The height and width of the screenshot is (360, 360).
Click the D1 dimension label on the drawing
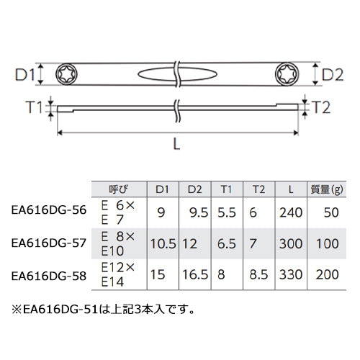(x=25, y=75)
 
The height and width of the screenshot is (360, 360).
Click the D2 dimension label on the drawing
(x=333, y=75)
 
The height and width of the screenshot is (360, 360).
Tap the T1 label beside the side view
(x=34, y=107)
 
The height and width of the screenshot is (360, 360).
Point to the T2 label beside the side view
(x=321, y=107)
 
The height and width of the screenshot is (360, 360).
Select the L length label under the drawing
(x=176, y=145)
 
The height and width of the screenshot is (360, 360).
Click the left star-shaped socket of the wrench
(x=66, y=74)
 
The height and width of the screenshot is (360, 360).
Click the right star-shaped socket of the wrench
(x=287, y=73)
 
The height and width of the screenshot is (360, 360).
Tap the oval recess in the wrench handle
(x=177, y=74)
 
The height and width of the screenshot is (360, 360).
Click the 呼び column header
(x=119, y=189)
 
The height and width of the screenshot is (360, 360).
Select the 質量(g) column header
(x=327, y=189)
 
